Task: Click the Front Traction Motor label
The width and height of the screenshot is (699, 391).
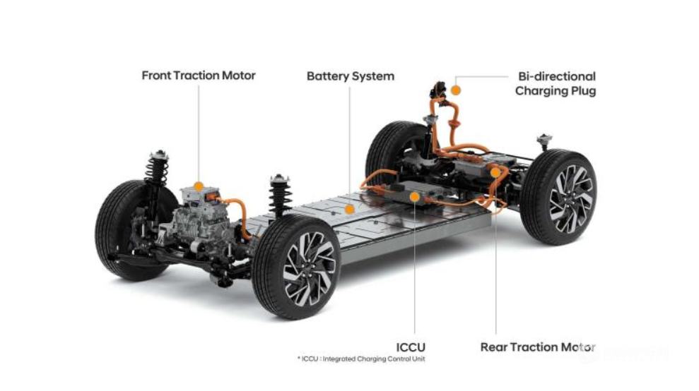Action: coord(199,76)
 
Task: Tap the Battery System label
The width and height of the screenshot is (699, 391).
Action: coord(351,76)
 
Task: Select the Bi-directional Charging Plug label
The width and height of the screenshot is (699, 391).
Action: coord(556,84)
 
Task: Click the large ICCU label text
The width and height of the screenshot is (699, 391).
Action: coord(411,347)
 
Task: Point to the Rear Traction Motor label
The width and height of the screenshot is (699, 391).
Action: coord(538,347)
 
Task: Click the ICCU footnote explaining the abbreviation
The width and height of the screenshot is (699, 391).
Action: coord(362,359)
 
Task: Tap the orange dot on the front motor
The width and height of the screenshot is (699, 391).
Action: coord(199,186)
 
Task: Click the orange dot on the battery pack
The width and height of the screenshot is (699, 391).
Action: coord(349,208)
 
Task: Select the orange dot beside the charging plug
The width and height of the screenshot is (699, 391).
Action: coord(455,90)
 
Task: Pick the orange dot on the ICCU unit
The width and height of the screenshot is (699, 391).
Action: coord(415,197)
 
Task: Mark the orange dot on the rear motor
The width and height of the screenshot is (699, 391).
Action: coord(495,172)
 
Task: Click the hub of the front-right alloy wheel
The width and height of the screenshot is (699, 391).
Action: coord(308,268)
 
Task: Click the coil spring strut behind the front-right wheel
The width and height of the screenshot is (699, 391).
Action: coord(280,196)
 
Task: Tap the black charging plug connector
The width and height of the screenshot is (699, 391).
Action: coord(437,90)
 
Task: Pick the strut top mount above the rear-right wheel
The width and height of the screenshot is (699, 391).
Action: coord(544,140)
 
